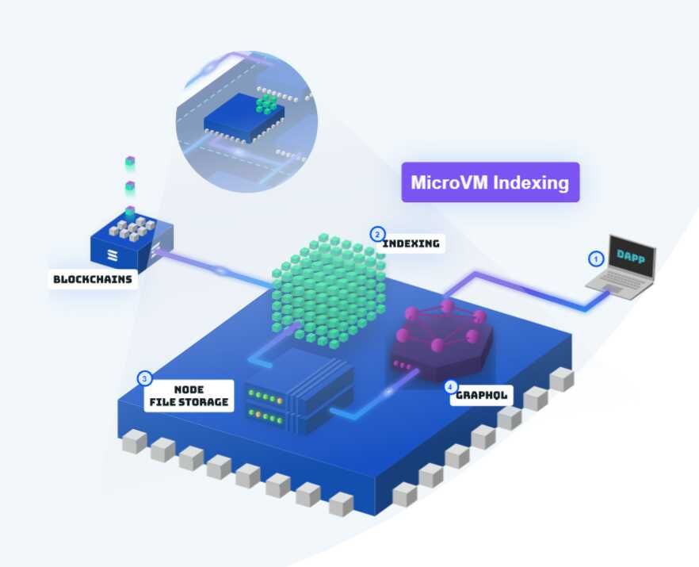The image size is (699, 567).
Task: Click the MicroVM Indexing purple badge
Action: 490,182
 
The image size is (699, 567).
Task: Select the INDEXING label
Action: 411,243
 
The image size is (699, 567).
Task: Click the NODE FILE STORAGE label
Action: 189,396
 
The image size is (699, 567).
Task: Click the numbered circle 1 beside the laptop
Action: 595,259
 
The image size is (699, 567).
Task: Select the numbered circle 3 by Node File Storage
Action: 145,378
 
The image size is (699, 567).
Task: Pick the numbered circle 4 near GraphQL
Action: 450,387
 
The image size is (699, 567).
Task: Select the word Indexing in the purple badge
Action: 531,182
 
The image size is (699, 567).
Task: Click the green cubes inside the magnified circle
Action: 269,104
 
